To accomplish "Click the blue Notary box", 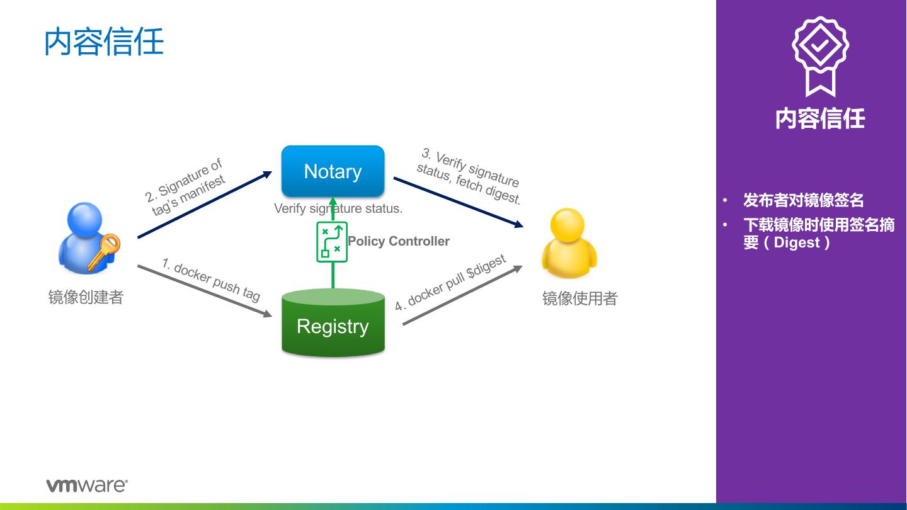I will pyautogui.click(x=333, y=171).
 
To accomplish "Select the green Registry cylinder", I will pyautogui.click(x=333, y=324).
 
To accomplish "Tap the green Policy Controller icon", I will pyautogui.click(x=331, y=242).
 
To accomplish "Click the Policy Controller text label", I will pyautogui.click(x=399, y=241).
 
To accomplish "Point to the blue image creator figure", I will pyautogui.click(x=84, y=238).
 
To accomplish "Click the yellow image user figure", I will pyautogui.click(x=568, y=244).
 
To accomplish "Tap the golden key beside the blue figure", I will pyautogui.click(x=105, y=251).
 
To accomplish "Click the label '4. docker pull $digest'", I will pyautogui.click(x=450, y=283).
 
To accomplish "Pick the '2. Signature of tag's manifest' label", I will pyautogui.click(x=185, y=188).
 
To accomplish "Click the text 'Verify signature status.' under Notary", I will pyautogui.click(x=338, y=208).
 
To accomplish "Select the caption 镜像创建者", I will pyautogui.click(x=86, y=297).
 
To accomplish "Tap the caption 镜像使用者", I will pyautogui.click(x=579, y=298).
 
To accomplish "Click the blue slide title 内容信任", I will pyautogui.click(x=104, y=42).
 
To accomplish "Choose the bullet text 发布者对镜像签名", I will pyautogui.click(x=803, y=200).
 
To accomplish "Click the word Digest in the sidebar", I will pyautogui.click(x=797, y=242).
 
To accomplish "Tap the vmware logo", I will pyautogui.click(x=87, y=485).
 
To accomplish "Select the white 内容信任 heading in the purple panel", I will pyautogui.click(x=819, y=118).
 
